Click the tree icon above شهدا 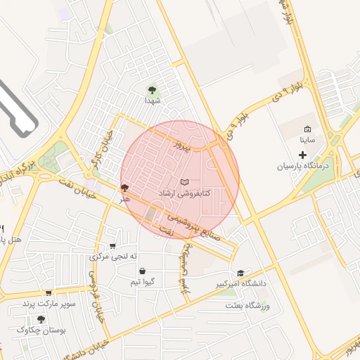[152, 89]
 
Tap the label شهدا [153, 101]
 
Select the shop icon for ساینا [307, 129]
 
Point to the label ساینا [307, 140]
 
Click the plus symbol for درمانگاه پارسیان [303, 154]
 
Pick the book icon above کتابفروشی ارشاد [184, 182]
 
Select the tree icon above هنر [125, 188]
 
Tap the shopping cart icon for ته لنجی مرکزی [112, 245]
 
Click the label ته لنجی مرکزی [109, 257]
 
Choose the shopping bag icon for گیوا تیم [143, 271]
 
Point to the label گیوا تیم [143, 282]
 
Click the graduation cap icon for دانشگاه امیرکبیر [240, 273]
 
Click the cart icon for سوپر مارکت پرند [49, 292]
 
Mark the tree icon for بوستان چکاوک [41, 319]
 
